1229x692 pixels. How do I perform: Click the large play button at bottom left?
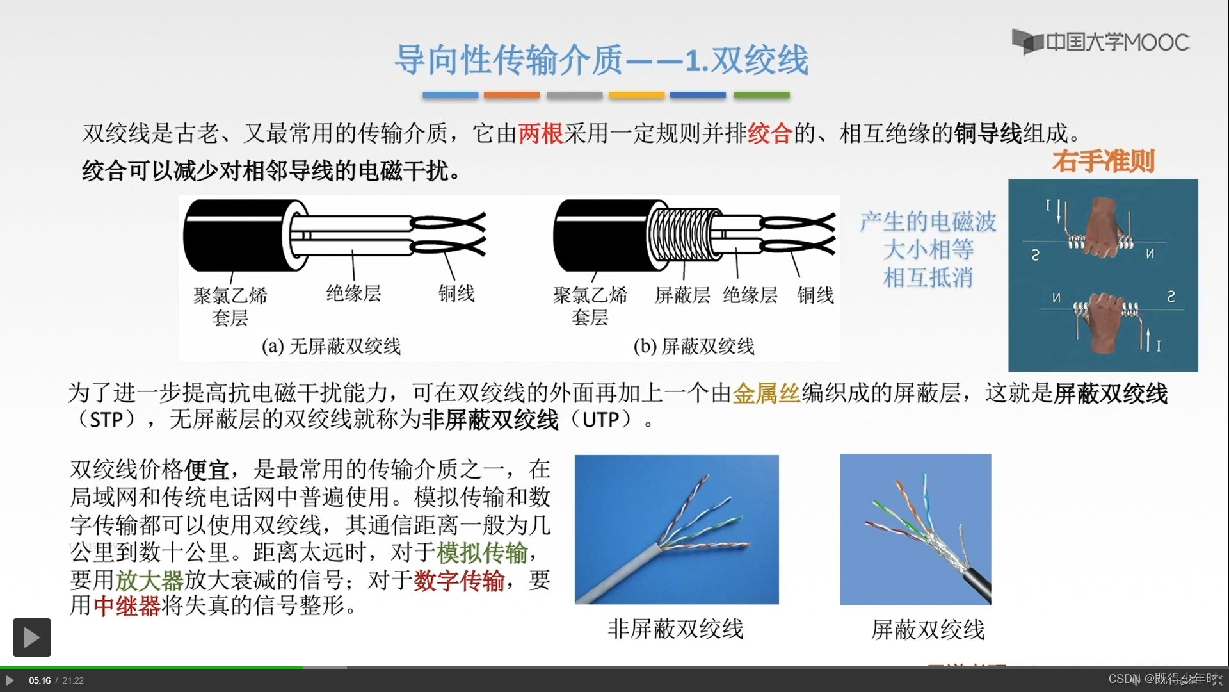[x=32, y=637]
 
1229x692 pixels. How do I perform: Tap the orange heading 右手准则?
[x=1103, y=161]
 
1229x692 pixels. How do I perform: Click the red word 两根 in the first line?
[x=540, y=133]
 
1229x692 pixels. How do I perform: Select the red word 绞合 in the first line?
[x=770, y=133]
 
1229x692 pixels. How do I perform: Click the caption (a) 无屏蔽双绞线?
[x=331, y=346]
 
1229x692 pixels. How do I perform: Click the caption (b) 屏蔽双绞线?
[x=694, y=346]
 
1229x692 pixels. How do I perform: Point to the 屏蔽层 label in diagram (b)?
[x=682, y=295]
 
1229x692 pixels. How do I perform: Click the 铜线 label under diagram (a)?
[x=456, y=293]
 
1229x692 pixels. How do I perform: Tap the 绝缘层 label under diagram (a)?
[x=353, y=293]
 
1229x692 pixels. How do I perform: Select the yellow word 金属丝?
[x=766, y=393]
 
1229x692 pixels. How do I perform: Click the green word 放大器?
[x=149, y=580]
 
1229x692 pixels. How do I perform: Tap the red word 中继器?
[x=127, y=605]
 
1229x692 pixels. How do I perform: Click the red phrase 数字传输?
[x=459, y=580]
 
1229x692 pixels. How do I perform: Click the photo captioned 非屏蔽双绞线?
[x=677, y=529]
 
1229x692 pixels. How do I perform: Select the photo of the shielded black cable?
[x=915, y=529]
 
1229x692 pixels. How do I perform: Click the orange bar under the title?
[x=511, y=95]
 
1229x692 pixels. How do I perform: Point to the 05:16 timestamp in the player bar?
[x=40, y=680]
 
